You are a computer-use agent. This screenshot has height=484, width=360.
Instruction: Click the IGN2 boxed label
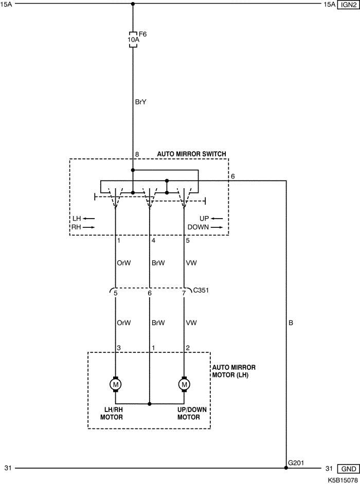point(347,5)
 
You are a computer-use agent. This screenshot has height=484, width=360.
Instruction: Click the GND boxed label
point(347,469)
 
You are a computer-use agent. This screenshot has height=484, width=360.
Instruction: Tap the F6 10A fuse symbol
point(133,40)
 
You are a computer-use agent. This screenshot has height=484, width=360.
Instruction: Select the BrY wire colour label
point(141,102)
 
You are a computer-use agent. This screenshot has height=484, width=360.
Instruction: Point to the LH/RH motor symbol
point(115,384)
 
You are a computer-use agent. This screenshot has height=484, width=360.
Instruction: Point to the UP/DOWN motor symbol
point(184,384)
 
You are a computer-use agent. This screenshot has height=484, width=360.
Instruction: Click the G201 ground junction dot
point(286,468)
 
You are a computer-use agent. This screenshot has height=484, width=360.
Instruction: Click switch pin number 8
point(137,154)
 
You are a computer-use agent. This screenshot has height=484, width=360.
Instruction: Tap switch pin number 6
point(233,176)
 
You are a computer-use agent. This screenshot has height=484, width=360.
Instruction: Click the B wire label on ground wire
point(291,324)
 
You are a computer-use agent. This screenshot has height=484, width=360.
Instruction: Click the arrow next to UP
point(217,219)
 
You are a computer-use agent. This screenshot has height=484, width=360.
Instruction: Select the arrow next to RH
point(89,227)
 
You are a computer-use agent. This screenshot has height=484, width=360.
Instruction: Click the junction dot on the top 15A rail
point(133,4)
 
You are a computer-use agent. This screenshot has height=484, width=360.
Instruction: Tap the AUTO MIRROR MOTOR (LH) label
point(233,371)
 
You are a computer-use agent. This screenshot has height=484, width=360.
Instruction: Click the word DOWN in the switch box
point(197,227)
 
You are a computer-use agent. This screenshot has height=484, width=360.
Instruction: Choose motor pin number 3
point(119,348)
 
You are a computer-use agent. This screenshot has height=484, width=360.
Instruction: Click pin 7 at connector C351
point(184,294)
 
